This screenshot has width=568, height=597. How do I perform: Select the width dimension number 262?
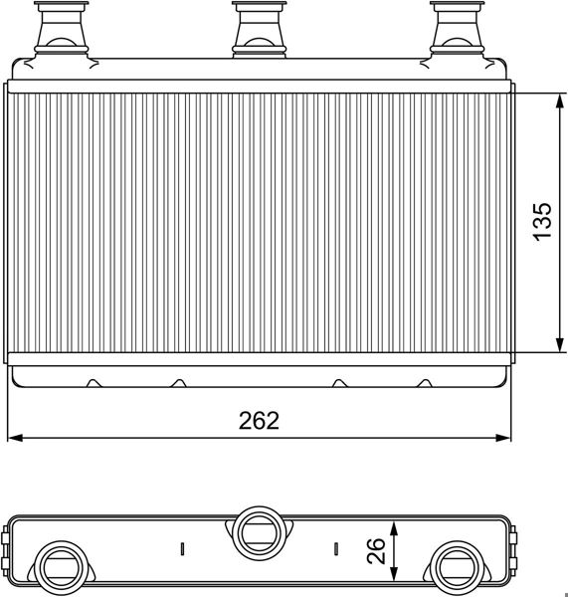coord(259,420)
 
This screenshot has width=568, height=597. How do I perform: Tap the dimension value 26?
coord(374,551)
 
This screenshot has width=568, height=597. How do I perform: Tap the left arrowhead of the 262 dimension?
coord(15,437)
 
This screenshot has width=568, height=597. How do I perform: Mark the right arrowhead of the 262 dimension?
coord(503,437)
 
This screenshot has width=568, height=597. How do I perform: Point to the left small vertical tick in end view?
coord(182,548)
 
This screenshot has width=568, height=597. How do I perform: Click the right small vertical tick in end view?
coord(336,548)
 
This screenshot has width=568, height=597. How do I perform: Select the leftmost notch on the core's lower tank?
coord(94,382)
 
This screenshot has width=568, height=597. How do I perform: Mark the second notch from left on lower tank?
coord(179,382)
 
